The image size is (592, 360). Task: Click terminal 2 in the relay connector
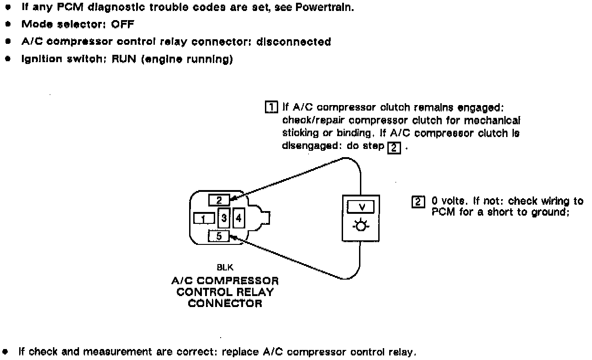point(219,200)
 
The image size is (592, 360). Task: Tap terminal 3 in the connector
point(224,218)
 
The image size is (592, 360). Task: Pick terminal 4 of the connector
point(238,218)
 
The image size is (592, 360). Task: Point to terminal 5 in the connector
point(218,236)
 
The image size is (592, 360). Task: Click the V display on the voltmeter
point(361,207)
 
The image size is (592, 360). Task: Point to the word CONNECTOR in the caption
point(225,303)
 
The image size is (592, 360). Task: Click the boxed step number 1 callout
point(271,108)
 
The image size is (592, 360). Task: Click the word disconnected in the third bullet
point(293,42)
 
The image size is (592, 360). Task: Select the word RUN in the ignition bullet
point(122,59)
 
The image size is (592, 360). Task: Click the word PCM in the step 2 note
point(441,212)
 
